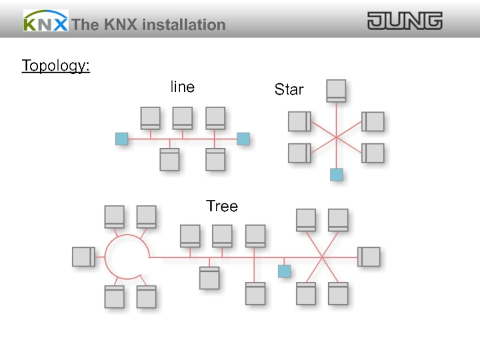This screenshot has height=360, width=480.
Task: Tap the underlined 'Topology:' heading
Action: pyautogui.click(x=56, y=65)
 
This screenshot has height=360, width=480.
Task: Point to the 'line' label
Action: pyautogui.click(x=182, y=87)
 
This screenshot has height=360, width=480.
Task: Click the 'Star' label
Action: pyautogui.click(x=289, y=90)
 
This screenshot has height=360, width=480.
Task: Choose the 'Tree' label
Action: pyautogui.click(x=222, y=206)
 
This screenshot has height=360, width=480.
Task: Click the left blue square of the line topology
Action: pyautogui.click(x=122, y=139)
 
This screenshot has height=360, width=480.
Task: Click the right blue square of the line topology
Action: pyautogui.click(x=243, y=139)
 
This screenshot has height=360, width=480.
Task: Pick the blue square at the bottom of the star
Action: pyautogui.click(x=337, y=175)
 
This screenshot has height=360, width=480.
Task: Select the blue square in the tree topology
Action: pyautogui.click(x=284, y=271)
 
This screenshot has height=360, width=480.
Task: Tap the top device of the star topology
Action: pyautogui.click(x=336, y=91)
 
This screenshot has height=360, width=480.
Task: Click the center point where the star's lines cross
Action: pyautogui.click(x=336, y=138)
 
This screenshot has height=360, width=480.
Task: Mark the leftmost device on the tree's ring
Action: pyautogui.click(x=83, y=257)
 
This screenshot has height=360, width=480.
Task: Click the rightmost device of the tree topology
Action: pyautogui.click(x=369, y=257)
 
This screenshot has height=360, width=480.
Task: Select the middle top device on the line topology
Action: pyautogui.click(x=182, y=118)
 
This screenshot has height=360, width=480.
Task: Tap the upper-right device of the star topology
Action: pyautogui.click(x=373, y=122)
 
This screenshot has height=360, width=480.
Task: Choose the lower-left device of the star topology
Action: pyautogui.click(x=299, y=153)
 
